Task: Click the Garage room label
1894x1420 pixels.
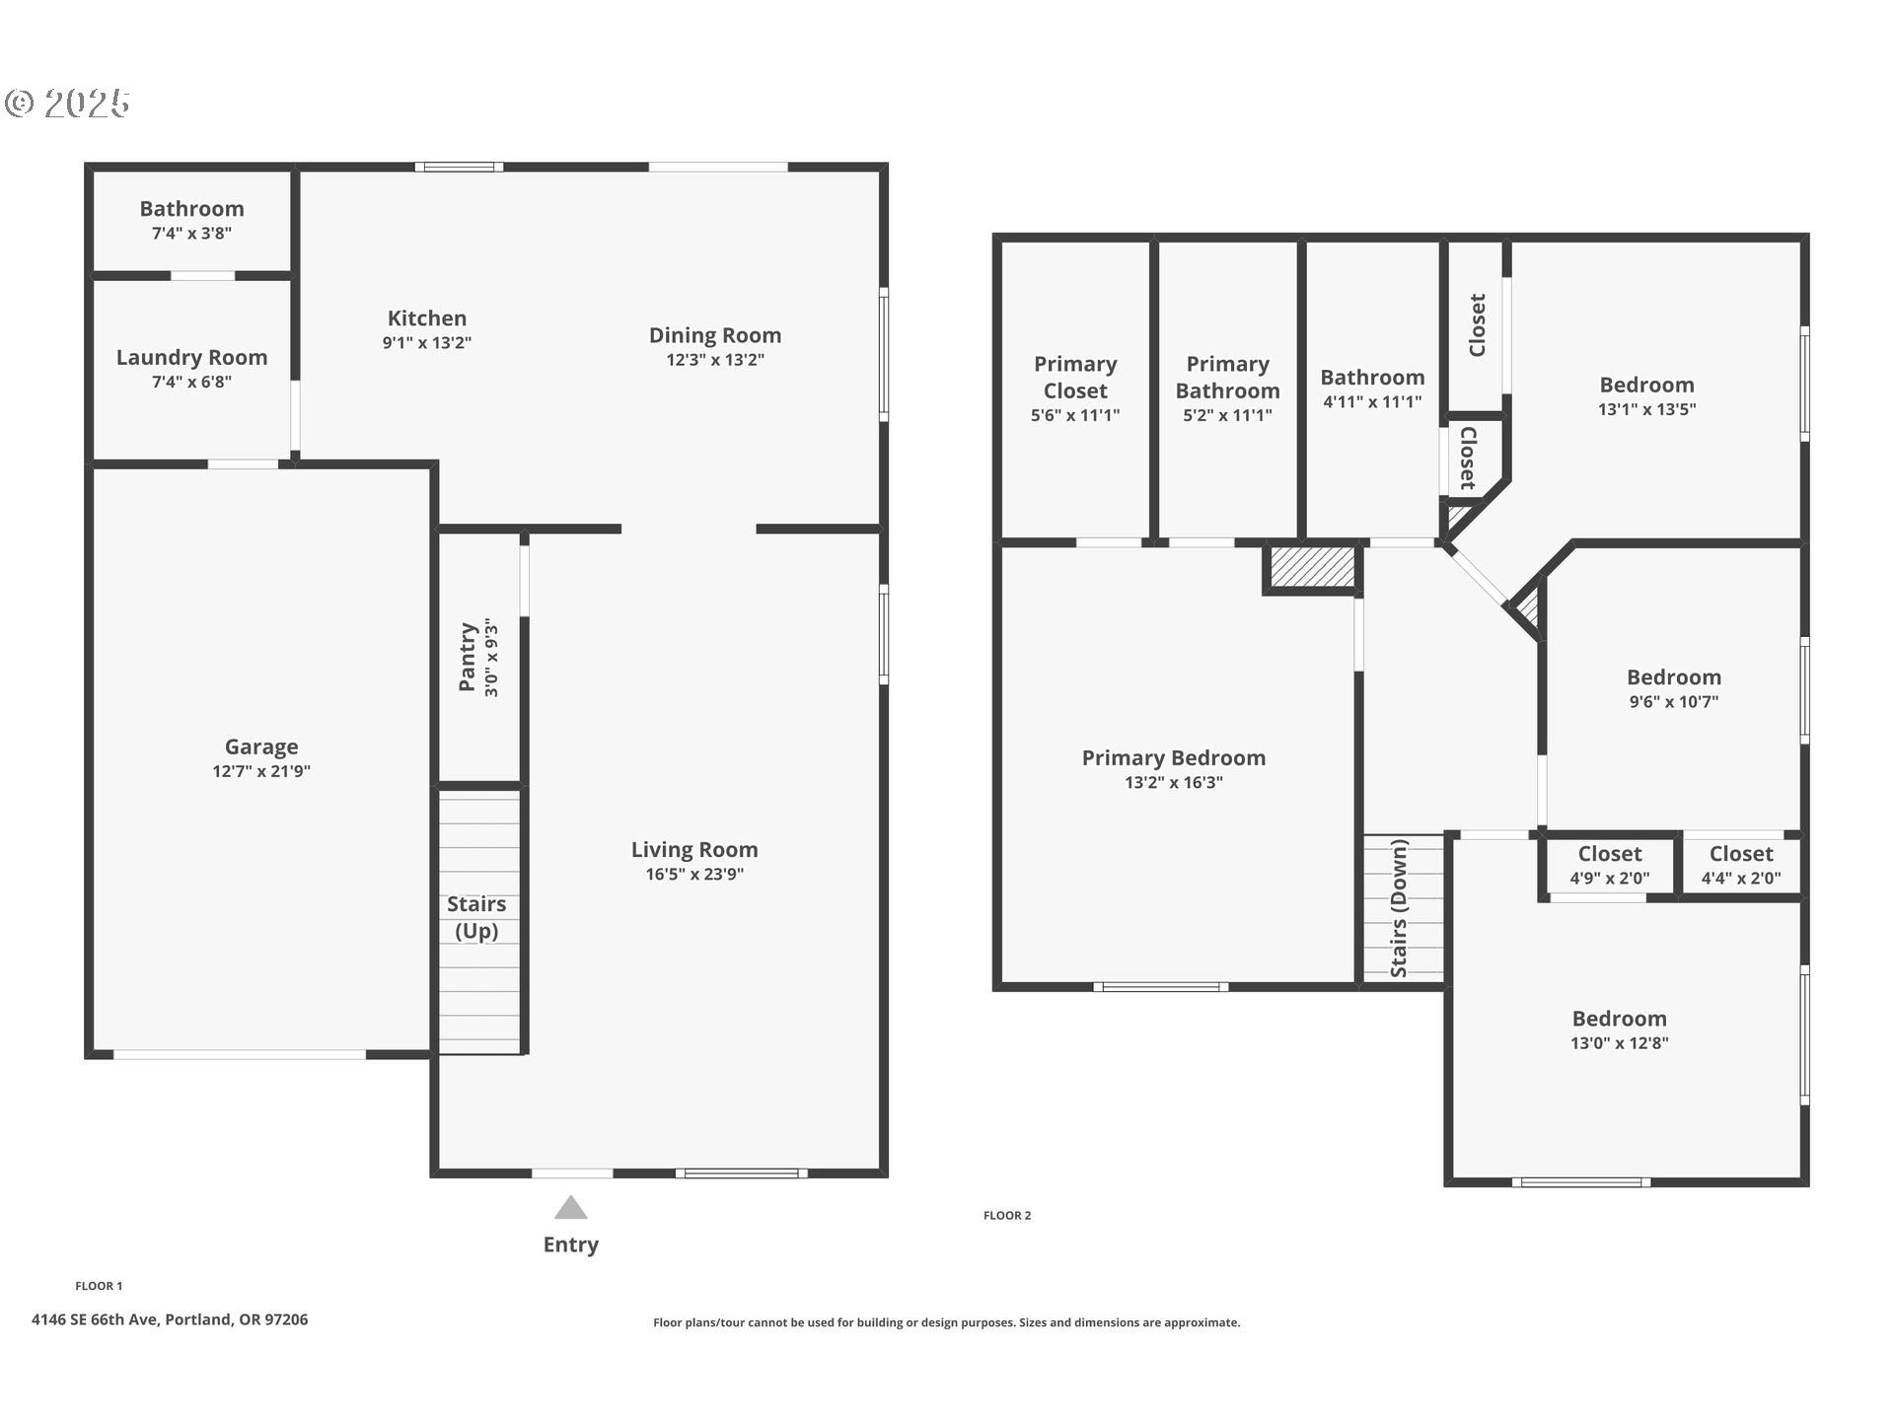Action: [x=261, y=747]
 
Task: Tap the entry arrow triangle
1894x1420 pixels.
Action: [x=570, y=1208]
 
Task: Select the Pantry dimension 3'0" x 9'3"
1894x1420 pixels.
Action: [x=491, y=659]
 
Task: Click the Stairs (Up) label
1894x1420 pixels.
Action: [x=476, y=917]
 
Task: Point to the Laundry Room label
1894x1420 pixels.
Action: [x=191, y=358]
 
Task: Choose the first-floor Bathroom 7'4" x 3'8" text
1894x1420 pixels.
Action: [x=191, y=234]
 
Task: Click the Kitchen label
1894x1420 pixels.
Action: [x=426, y=319]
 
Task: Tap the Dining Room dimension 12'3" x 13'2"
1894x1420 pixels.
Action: [x=714, y=360]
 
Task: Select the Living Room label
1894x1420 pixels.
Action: [x=694, y=850]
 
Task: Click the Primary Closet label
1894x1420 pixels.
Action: [x=1075, y=378]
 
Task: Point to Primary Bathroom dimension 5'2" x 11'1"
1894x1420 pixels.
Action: [x=1227, y=415]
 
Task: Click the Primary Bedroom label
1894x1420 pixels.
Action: [x=1173, y=758]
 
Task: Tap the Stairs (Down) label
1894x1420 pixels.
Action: [x=1399, y=908]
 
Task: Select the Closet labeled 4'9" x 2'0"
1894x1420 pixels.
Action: [x=1609, y=865]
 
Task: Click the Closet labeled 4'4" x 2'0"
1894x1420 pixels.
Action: [x=1740, y=865]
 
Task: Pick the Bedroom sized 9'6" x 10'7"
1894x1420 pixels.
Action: [x=1673, y=688]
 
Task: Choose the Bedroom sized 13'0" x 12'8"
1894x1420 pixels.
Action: [x=1619, y=1029]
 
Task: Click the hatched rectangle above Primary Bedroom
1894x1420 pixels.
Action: [x=1312, y=568]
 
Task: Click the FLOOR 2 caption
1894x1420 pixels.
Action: [x=1006, y=1215]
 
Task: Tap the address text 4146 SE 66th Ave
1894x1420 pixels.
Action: [x=170, y=1319]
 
